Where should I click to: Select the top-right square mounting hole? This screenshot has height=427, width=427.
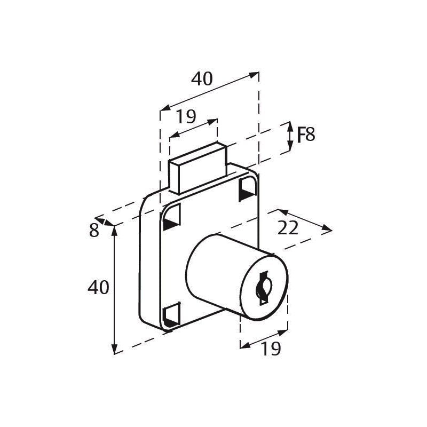tap(248, 188)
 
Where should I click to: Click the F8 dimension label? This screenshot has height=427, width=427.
tap(305, 135)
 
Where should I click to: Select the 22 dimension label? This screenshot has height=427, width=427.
tap(288, 228)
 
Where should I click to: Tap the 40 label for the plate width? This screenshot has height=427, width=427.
tap(202, 79)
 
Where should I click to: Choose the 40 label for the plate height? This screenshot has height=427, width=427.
tap(98, 288)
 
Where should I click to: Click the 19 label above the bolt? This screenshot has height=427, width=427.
tap(186, 116)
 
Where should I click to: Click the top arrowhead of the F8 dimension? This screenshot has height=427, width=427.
tap(290, 125)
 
